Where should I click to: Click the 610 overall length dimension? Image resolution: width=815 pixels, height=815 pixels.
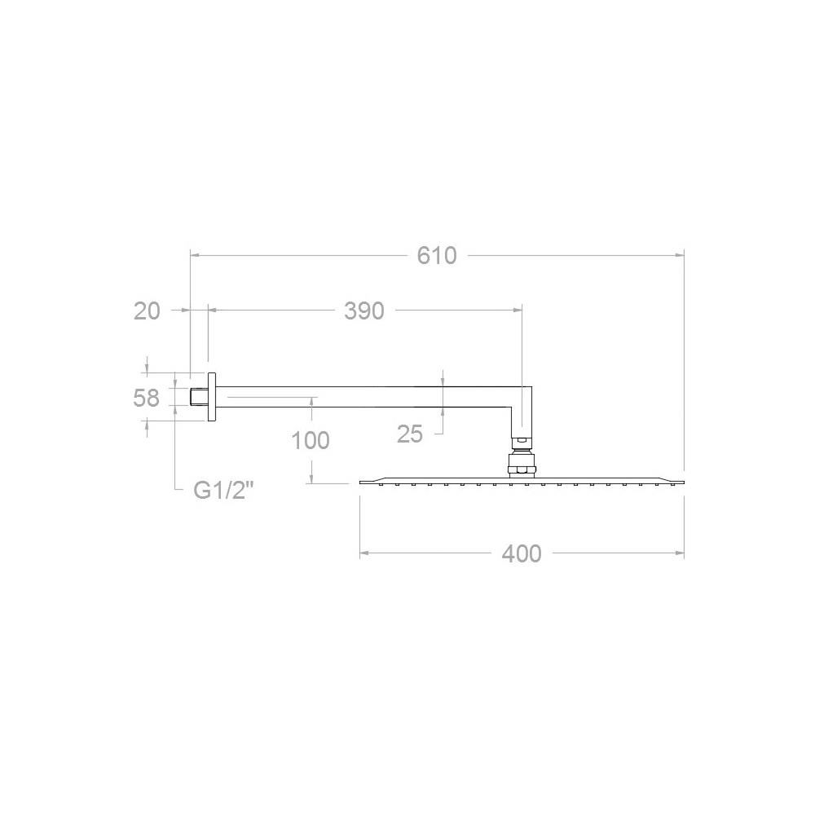(x=437, y=256)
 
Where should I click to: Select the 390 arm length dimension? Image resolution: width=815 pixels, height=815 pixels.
(x=363, y=311)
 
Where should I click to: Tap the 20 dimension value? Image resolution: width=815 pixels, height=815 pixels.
(x=147, y=311)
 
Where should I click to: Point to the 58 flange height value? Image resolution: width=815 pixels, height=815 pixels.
(x=146, y=399)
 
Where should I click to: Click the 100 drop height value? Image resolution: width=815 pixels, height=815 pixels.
(x=311, y=441)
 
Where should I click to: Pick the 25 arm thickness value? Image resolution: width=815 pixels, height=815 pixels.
(x=410, y=434)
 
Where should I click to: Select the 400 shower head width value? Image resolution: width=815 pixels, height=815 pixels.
(x=522, y=553)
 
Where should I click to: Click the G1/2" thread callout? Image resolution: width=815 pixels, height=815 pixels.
(x=223, y=490)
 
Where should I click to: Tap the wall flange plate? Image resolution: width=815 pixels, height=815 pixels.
(x=212, y=397)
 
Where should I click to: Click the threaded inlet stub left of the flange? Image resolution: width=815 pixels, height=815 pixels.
(x=199, y=397)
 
